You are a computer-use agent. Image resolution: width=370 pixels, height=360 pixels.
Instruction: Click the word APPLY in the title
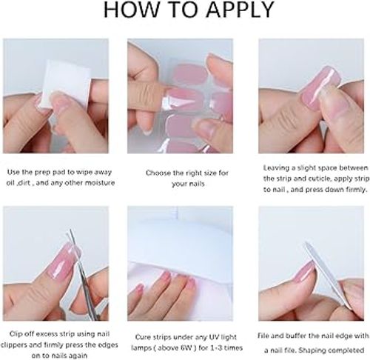[x=240, y=10]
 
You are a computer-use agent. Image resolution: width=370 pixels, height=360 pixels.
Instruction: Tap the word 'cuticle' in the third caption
[x=317, y=179]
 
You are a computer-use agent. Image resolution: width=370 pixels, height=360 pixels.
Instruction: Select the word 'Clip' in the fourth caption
[x=14, y=334]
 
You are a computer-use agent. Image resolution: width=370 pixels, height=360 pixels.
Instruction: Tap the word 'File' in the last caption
[x=263, y=336]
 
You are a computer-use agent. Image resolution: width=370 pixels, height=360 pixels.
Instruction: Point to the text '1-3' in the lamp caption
[x=216, y=348]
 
